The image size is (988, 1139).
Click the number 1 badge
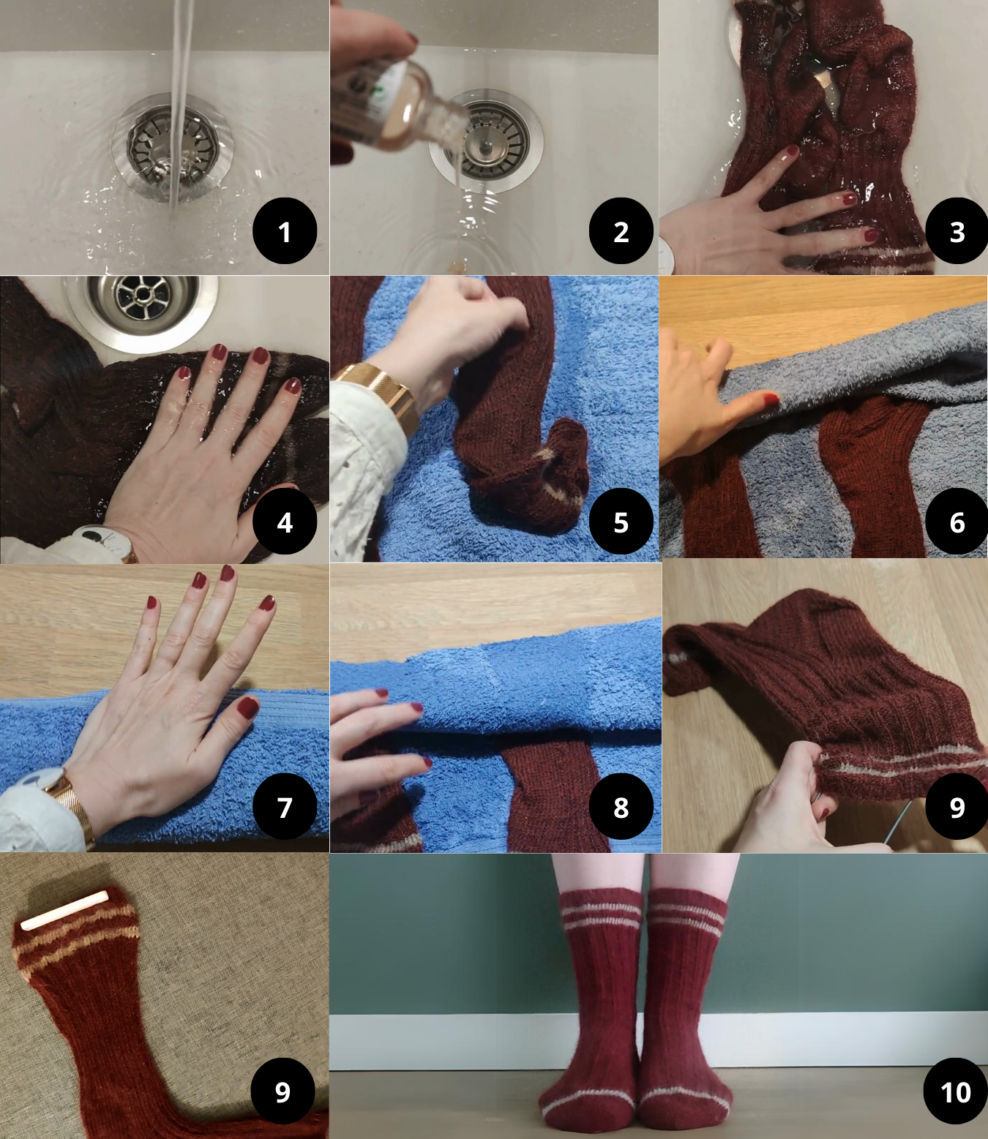[x=285, y=231]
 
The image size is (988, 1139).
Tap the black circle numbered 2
[x=621, y=231]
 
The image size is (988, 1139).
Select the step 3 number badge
[x=957, y=231]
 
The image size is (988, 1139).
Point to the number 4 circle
[x=285, y=522]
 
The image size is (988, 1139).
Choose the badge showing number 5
[x=621, y=522]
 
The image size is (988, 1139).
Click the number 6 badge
[x=957, y=522]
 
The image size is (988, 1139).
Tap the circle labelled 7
[x=285, y=807]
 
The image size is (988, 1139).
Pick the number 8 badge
[x=621, y=807]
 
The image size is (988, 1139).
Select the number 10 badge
[x=956, y=1091]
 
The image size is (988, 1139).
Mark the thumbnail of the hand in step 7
[x=247, y=708]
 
